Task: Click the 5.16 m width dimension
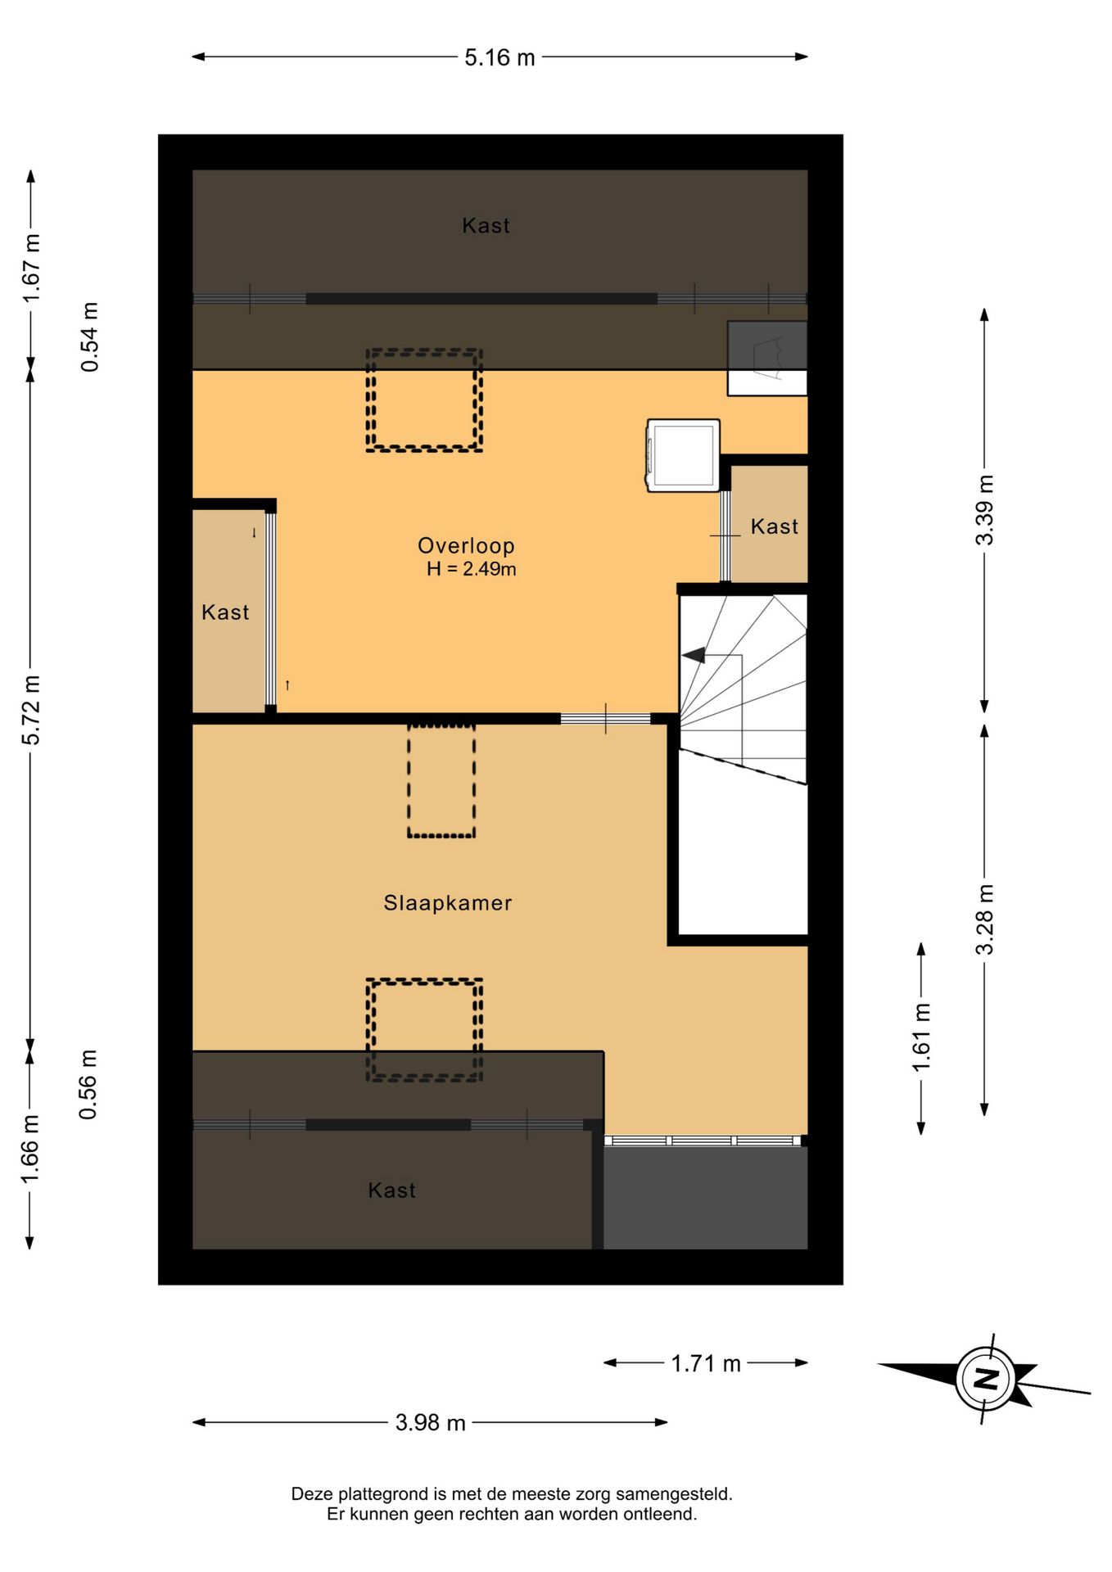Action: (x=499, y=57)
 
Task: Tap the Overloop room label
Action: (x=466, y=545)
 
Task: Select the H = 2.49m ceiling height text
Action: (x=471, y=569)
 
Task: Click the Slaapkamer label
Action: (x=448, y=903)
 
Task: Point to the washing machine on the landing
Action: (x=684, y=455)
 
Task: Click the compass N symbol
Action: (x=987, y=1379)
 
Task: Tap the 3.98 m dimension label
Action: (x=430, y=1423)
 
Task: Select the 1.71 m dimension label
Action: (x=706, y=1363)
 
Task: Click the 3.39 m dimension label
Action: (x=984, y=510)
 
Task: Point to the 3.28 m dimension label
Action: (x=984, y=919)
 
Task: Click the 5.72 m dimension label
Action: (x=30, y=710)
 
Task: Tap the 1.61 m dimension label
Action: (x=921, y=1037)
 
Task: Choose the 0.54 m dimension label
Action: (x=89, y=337)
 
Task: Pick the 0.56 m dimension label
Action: (x=88, y=1085)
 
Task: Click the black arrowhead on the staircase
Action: (x=694, y=655)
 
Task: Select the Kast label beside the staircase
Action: (x=775, y=526)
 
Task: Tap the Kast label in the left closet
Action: (x=225, y=612)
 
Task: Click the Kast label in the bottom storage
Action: (x=391, y=1190)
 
